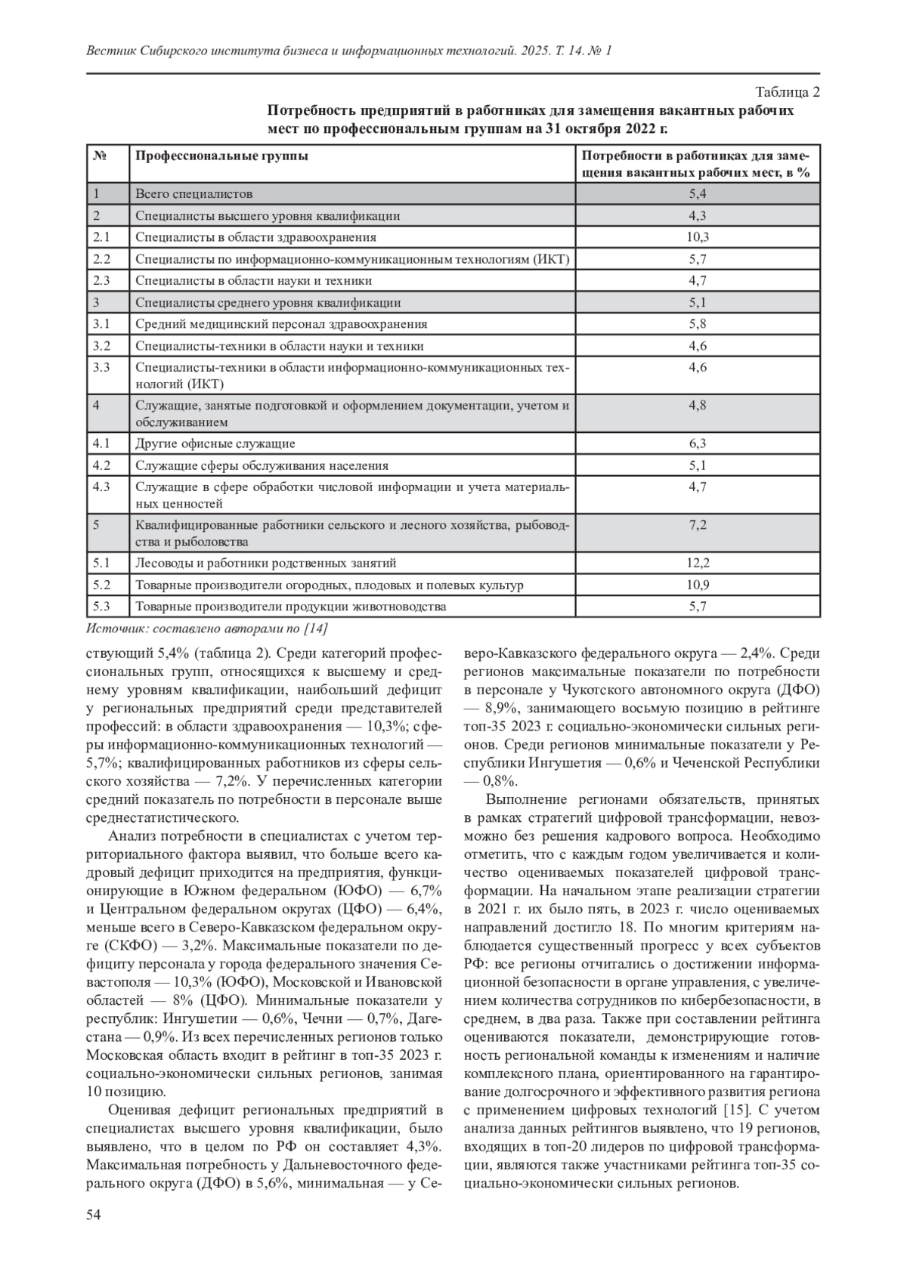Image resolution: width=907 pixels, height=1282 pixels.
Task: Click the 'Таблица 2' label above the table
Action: coord(788,93)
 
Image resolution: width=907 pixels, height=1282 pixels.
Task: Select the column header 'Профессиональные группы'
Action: coord(221,156)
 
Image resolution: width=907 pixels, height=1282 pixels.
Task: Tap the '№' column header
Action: coord(98,156)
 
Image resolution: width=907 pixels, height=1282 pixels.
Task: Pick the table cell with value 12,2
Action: coord(697,563)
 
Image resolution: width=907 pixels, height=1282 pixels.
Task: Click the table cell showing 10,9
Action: coord(697,585)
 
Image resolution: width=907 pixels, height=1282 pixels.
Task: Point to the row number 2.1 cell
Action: coord(101,237)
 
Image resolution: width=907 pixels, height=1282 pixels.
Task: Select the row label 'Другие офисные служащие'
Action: coord(215,443)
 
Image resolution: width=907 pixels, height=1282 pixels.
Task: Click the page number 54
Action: coord(94,1214)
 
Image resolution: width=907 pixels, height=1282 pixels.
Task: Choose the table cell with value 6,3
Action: coord(697,443)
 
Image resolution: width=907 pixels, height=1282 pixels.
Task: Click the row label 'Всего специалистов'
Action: coord(193,194)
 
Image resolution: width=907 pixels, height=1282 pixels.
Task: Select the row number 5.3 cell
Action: coord(101,607)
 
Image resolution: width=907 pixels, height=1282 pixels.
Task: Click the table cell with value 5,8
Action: coord(697,324)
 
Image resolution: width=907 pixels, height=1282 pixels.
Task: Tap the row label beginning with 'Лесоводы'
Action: coord(265,563)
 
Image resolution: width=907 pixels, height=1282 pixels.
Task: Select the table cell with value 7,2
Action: coord(697,525)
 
